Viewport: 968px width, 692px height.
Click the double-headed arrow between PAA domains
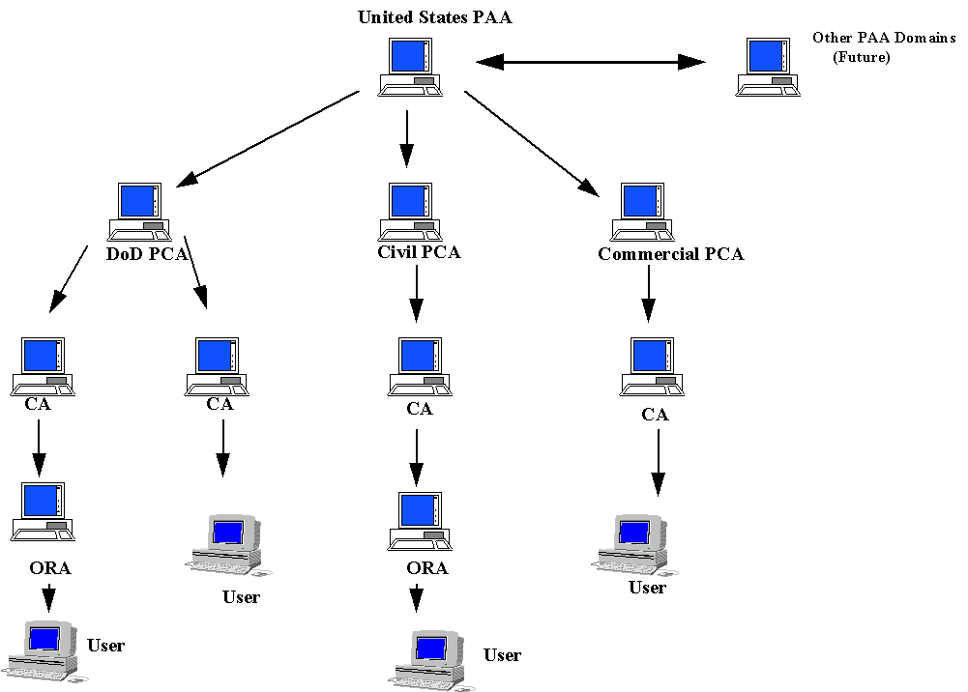(591, 63)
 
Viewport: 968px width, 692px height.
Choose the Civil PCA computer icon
(410, 211)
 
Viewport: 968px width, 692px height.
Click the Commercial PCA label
(671, 255)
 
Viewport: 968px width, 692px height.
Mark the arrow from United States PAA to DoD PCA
(270, 137)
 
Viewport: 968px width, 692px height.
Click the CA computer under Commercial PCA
(651, 366)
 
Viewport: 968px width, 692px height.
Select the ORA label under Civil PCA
(426, 568)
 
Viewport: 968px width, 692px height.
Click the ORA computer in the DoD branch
(44, 510)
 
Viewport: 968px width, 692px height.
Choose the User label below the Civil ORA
(502, 655)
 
